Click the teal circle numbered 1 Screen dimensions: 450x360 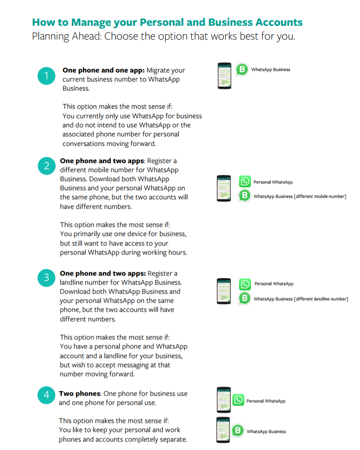click(x=46, y=75)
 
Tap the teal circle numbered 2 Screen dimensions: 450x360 click(x=46, y=166)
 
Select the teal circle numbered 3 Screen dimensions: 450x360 click(x=46, y=279)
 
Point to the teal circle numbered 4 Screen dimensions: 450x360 click(x=46, y=395)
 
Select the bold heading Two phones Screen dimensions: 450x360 click(x=80, y=394)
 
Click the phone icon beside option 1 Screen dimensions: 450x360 click(x=224, y=76)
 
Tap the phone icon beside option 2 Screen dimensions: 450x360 click(x=224, y=188)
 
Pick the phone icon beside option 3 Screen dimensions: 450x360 click(x=224, y=291)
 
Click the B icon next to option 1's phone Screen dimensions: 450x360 click(x=242, y=70)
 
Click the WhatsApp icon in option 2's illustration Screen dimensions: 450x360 click(x=245, y=182)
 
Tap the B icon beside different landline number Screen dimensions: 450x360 click(x=245, y=298)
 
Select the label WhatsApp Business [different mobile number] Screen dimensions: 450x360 click(x=300, y=196)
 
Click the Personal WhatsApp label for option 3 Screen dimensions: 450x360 click(x=274, y=284)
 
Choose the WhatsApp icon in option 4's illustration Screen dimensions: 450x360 click(x=238, y=400)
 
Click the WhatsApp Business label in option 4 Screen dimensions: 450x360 click(x=266, y=431)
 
